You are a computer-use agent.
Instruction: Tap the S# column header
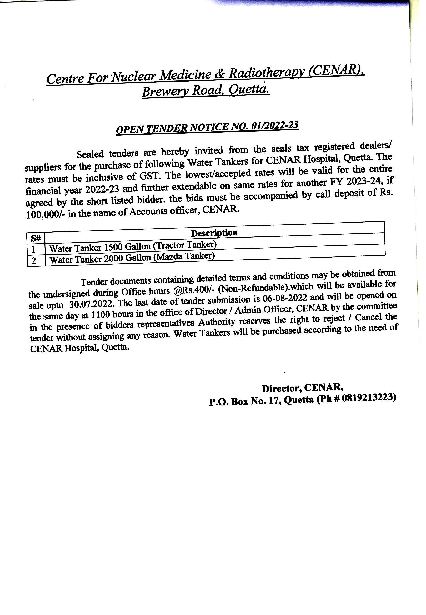(x=36, y=238)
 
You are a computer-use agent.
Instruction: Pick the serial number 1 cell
(x=34, y=250)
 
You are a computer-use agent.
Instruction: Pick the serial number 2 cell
(x=34, y=261)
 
